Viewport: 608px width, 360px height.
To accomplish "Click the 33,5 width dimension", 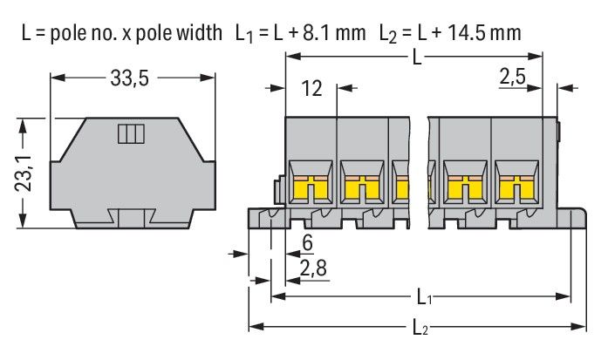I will coord(130,79).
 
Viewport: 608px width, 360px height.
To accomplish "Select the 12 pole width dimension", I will coord(311,87).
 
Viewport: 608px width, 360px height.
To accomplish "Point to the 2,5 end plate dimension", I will coord(513,79).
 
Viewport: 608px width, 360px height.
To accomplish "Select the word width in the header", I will coord(198,34).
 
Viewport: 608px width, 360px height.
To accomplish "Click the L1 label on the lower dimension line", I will coord(425,297).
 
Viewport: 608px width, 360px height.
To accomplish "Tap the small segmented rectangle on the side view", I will coord(130,134).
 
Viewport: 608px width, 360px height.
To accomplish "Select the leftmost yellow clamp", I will coord(311,186).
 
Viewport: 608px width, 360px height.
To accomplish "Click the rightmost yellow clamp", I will coord(516,186).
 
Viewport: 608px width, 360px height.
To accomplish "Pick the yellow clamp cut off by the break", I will coord(402,186).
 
